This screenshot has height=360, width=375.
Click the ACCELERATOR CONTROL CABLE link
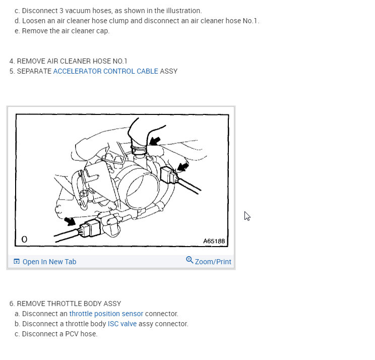(105, 71)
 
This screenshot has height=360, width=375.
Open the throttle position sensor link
(106, 314)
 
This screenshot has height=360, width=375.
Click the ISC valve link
(122, 324)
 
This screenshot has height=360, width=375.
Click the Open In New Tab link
(49, 262)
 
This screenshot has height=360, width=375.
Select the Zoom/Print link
(213, 262)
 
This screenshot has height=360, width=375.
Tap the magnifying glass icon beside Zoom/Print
(190, 260)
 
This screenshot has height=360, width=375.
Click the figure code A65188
(214, 241)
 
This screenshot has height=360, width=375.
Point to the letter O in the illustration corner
(24, 239)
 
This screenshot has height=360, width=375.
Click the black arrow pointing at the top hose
(155, 141)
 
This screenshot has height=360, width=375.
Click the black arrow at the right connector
(183, 167)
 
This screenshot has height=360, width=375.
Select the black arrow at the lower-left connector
(70, 221)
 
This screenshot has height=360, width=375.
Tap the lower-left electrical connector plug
(90, 228)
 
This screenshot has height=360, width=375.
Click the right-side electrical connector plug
(169, 175)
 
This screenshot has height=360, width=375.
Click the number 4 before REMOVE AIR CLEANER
(12, 61)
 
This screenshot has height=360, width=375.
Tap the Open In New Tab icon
(17, 261)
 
